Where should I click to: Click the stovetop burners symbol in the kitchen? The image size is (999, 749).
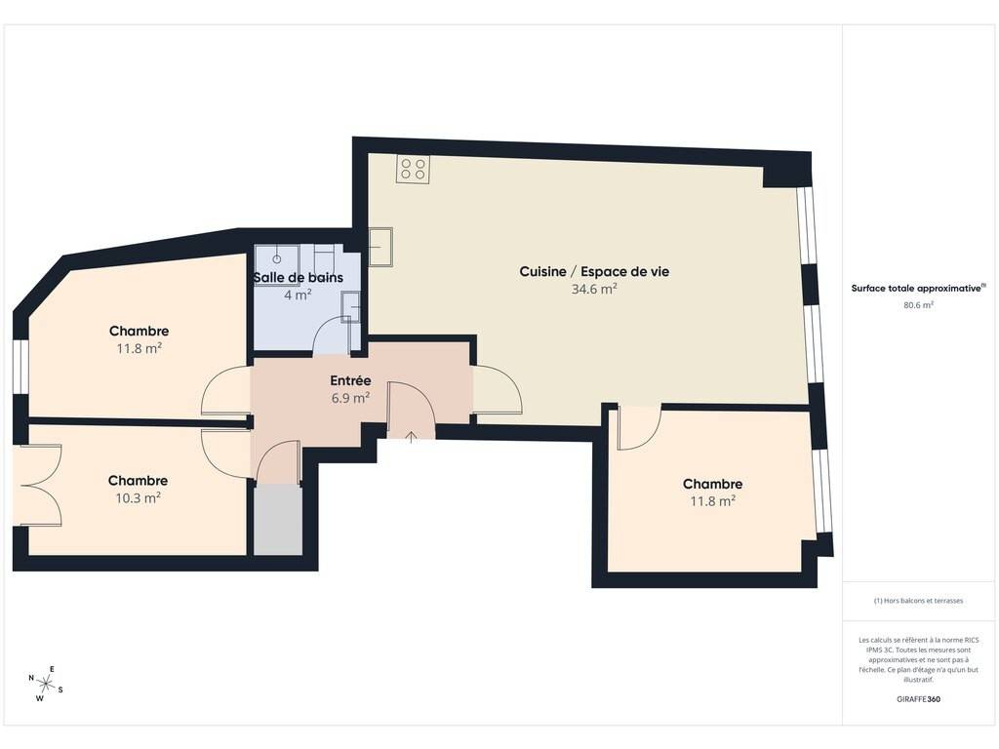413,169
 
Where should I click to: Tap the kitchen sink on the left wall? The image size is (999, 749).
381,247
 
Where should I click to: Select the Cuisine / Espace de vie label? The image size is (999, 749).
594,271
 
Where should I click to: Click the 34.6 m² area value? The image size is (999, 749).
594,289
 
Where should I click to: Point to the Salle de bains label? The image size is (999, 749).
299,277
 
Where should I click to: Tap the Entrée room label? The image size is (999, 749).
350,380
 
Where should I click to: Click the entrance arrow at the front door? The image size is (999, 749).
412,436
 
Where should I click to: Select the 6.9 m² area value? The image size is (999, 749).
350,398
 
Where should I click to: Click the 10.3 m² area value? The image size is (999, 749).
138,497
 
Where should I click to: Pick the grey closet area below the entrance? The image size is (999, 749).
278,519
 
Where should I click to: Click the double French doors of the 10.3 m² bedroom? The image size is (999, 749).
38,486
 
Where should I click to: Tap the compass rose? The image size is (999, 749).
45,684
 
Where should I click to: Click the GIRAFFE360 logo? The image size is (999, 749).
918,698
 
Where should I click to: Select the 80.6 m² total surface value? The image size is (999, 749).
918,305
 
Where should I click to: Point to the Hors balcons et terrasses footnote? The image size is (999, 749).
918,601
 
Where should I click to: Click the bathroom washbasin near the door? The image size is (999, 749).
351,307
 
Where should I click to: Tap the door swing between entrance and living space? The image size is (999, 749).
497,390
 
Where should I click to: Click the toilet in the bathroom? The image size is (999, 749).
326,257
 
